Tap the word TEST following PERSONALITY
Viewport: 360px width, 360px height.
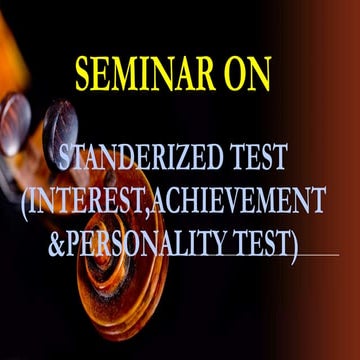click(x=257, y=240)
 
